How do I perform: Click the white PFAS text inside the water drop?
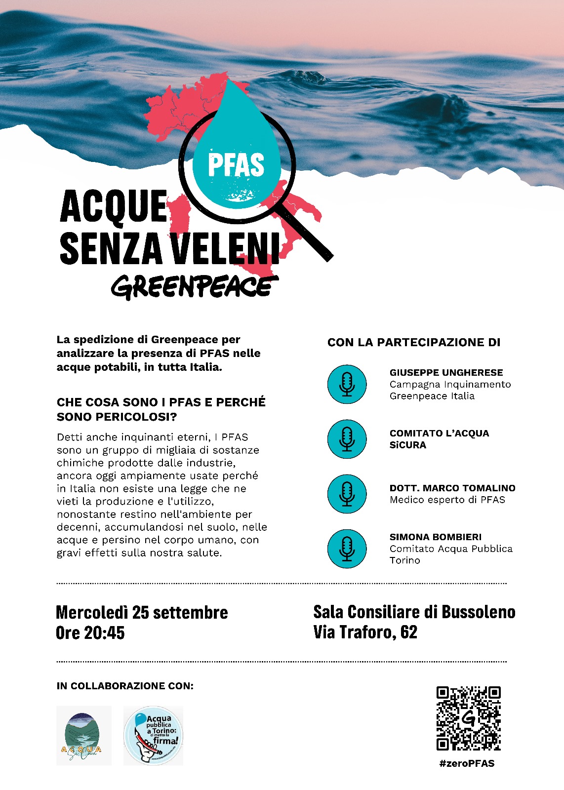pos(236,165)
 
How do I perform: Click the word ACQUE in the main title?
pos(114,206)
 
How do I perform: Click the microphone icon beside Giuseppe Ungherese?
pos(347,384)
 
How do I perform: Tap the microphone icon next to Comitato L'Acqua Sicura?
pos(347,439)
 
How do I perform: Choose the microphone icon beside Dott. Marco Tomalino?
pos(347,494)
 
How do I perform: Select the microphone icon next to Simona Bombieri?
pos(347,549)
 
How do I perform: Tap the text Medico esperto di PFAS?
pos(447,500)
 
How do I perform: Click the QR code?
pos(468,718)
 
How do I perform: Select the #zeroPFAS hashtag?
pos(467,763)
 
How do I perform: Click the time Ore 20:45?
pos(90,632)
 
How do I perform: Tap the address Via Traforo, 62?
pos(365,632)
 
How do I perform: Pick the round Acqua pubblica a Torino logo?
pos(153,735)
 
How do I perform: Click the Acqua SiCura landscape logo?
pos(83,735)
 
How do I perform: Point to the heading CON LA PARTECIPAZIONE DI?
pos(414,343)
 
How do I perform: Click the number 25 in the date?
pos(140,612)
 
